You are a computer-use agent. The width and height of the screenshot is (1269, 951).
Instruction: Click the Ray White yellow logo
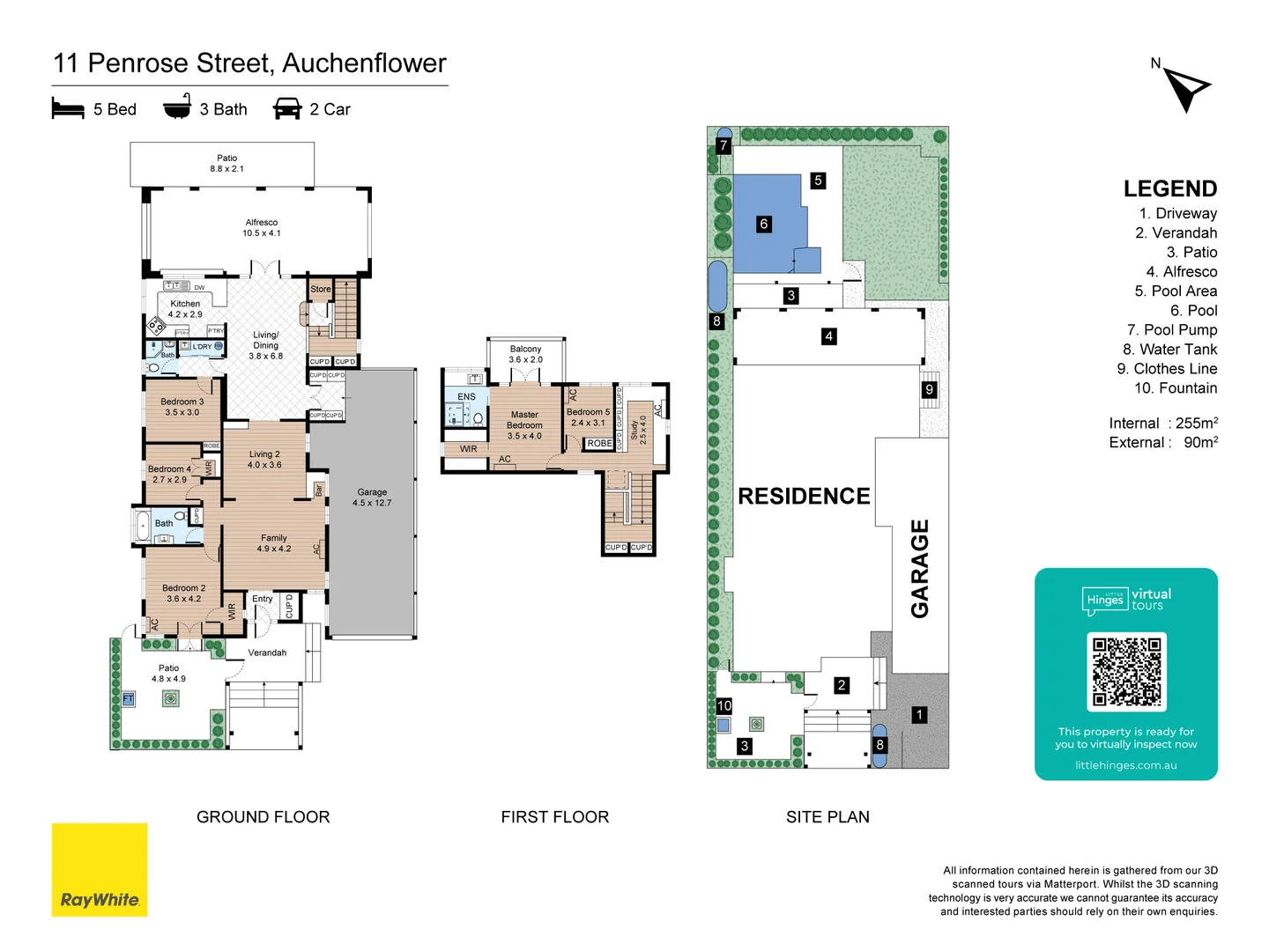pyautogui.click(x=100, y=869)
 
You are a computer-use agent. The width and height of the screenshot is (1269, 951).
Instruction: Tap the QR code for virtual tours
pyautogui.click(x=1126, y=672)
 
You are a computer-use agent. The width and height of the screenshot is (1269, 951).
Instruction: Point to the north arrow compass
pyautogui.click(x=1185, y=88)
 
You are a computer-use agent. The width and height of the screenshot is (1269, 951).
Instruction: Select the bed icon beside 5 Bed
pyautogui.click(x=68, y=108)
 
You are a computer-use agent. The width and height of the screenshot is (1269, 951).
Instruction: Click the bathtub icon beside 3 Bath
pyautogui.click(x=177, y=107)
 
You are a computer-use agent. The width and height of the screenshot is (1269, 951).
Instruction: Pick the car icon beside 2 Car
pyautogui.click(x=287, y=108)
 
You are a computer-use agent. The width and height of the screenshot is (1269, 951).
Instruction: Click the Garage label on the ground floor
pyautogui.click(x=372, y=498)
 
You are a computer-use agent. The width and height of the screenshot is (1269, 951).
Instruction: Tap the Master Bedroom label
pyautogui.click(x=524, y=424)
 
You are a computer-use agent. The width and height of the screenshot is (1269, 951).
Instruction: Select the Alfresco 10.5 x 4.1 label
pyautogui.click(x=262, y=227)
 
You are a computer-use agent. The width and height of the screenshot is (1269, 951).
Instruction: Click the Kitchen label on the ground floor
pyautogui.click(x=185, y=308)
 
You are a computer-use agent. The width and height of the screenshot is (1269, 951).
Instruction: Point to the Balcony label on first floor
pyautogui.click(x=526, y=354)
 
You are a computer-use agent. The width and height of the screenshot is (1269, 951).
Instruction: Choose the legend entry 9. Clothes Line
pyautogui.click(x=1167, y=369)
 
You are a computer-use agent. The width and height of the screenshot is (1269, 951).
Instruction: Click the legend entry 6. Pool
pyautogui.click(x=1193, y=311)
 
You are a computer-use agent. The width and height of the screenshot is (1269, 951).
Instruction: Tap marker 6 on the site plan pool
pyautogui.click(x=764, y=224)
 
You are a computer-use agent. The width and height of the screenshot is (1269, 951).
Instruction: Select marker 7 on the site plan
pyautogui.click(x=724, y=145)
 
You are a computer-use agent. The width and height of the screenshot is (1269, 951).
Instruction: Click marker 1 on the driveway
pyautogui.click(x=919, y=715)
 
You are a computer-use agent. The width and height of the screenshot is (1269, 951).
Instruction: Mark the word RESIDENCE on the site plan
pyautogui.click(x=804, y=497)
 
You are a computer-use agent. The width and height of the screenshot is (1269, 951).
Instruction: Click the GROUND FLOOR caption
pyautogui.click(x=263, y=817)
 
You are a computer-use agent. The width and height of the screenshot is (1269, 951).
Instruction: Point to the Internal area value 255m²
pyautogui.click(x=1196, y=424)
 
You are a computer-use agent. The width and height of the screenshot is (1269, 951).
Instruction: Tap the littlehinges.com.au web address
pyautogui.click(x=1125, y=765)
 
